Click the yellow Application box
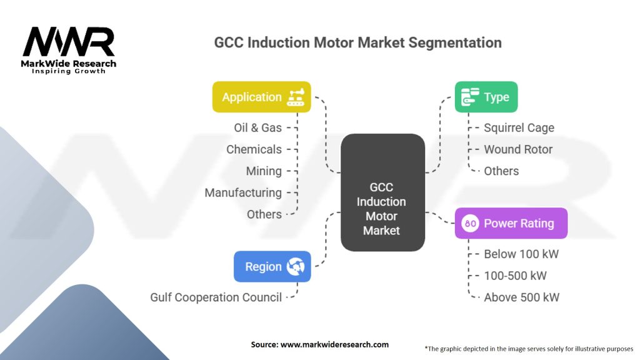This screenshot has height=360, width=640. [x=261, y=97]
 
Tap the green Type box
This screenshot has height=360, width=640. [x=486, y=97]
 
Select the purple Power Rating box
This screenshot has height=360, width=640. [x=511, y=223]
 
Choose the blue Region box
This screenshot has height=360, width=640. [x=272, y=267]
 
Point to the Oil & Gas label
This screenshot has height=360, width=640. [x=257, y=127]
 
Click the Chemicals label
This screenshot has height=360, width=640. [x=254, y=149]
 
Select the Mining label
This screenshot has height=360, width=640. [x=264, y=171]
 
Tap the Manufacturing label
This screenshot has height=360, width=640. [x=243, y=192]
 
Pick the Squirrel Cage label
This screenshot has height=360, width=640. [x=519, y=127]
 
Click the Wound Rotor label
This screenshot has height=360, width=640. [x=518, y=149]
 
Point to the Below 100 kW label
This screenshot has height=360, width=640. [x=521, y=254]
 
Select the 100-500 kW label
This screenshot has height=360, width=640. [x=516, y=276]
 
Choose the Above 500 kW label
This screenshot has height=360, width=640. [x=521, y=297]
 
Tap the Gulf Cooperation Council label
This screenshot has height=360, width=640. [x=216, y=297]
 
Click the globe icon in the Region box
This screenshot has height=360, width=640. [x=294, y=267]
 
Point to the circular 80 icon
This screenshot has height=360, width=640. [x=471, y=223]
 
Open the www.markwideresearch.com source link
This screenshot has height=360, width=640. [x=335, y=344]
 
